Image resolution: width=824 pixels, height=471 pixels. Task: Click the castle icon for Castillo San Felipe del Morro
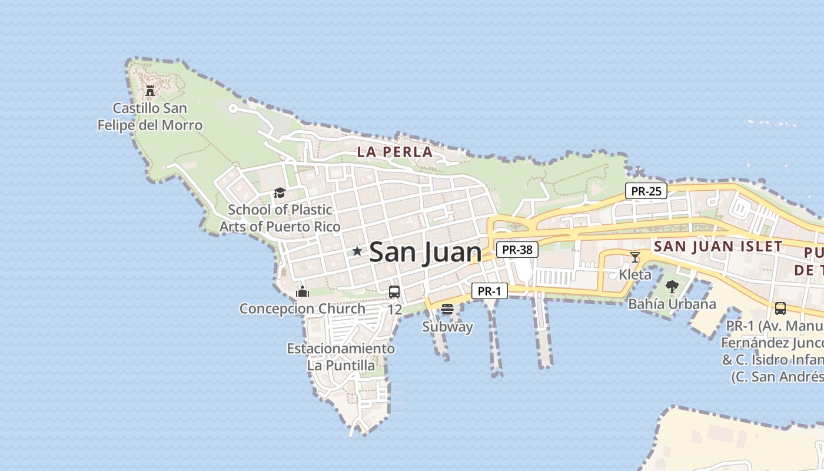150,91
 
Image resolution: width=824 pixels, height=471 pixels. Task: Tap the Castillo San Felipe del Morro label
149,117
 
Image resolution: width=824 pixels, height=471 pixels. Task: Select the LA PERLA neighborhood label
395,152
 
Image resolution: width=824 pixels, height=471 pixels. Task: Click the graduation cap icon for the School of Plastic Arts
280,193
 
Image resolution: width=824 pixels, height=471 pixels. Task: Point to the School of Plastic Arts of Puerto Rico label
280,218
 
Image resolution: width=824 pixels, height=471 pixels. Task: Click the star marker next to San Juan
357,251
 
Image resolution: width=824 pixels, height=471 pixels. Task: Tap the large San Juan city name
425,253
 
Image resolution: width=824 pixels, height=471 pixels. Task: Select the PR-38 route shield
517,250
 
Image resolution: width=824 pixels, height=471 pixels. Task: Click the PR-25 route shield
646,191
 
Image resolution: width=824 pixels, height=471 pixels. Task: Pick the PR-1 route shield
489,291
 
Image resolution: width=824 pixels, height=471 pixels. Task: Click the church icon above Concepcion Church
303,291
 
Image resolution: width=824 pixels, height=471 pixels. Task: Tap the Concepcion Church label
302,309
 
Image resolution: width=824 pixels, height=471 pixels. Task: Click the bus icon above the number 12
394,291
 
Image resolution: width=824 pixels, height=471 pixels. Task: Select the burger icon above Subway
447,309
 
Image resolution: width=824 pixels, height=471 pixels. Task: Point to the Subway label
447,327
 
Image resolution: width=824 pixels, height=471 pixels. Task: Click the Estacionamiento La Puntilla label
341,357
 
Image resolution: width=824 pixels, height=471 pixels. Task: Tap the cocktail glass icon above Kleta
635,257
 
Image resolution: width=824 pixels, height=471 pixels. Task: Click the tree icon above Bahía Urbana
672,287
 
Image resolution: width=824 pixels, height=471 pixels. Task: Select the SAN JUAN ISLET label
718,246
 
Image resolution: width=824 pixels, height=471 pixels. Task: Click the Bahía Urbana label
672,304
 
